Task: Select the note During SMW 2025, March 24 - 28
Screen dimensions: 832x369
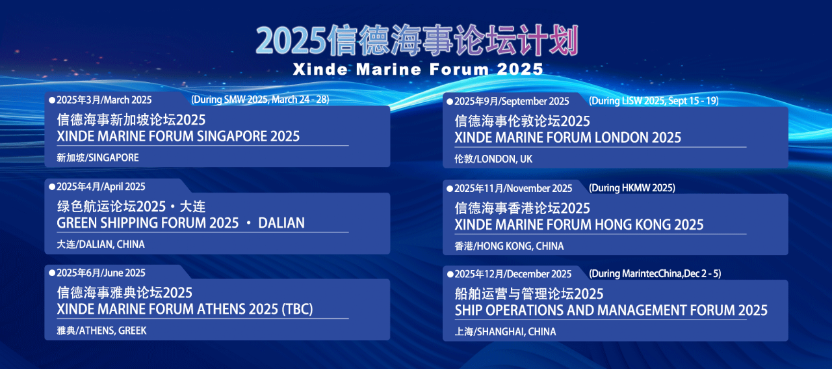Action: [260, 100]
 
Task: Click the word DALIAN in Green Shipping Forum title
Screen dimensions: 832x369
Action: [281, 223]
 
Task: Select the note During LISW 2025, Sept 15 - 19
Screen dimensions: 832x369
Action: [654, 101]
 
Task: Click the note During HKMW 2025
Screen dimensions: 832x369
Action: [632, 188]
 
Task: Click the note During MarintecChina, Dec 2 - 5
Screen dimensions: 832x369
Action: [655, 274]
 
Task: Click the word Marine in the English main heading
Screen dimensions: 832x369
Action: [389, 70]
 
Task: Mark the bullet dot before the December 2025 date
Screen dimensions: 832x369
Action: [450, 275]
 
